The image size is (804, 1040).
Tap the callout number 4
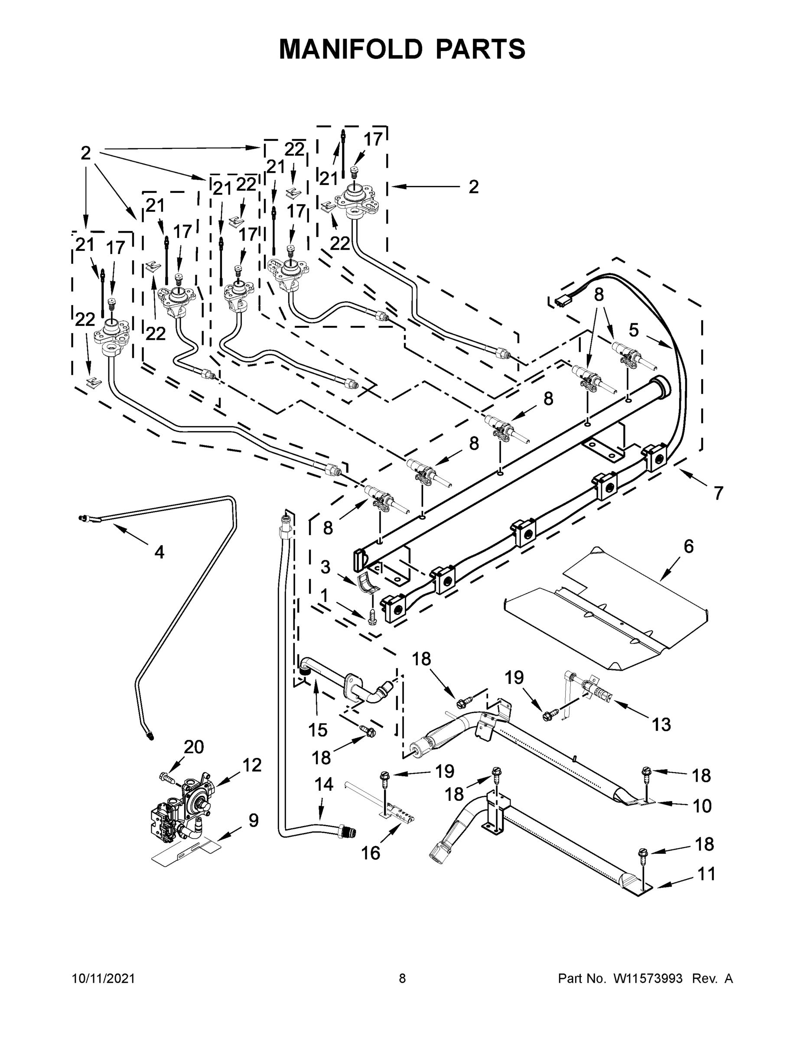[x=159, y=552]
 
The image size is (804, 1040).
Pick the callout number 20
[x=194, y=747]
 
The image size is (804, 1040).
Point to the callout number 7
[x=718, y=493]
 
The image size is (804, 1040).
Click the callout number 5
[x=634, y=329]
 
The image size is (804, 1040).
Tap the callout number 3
[x=326, y=567]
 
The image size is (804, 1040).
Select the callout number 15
[x=318, y=730]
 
